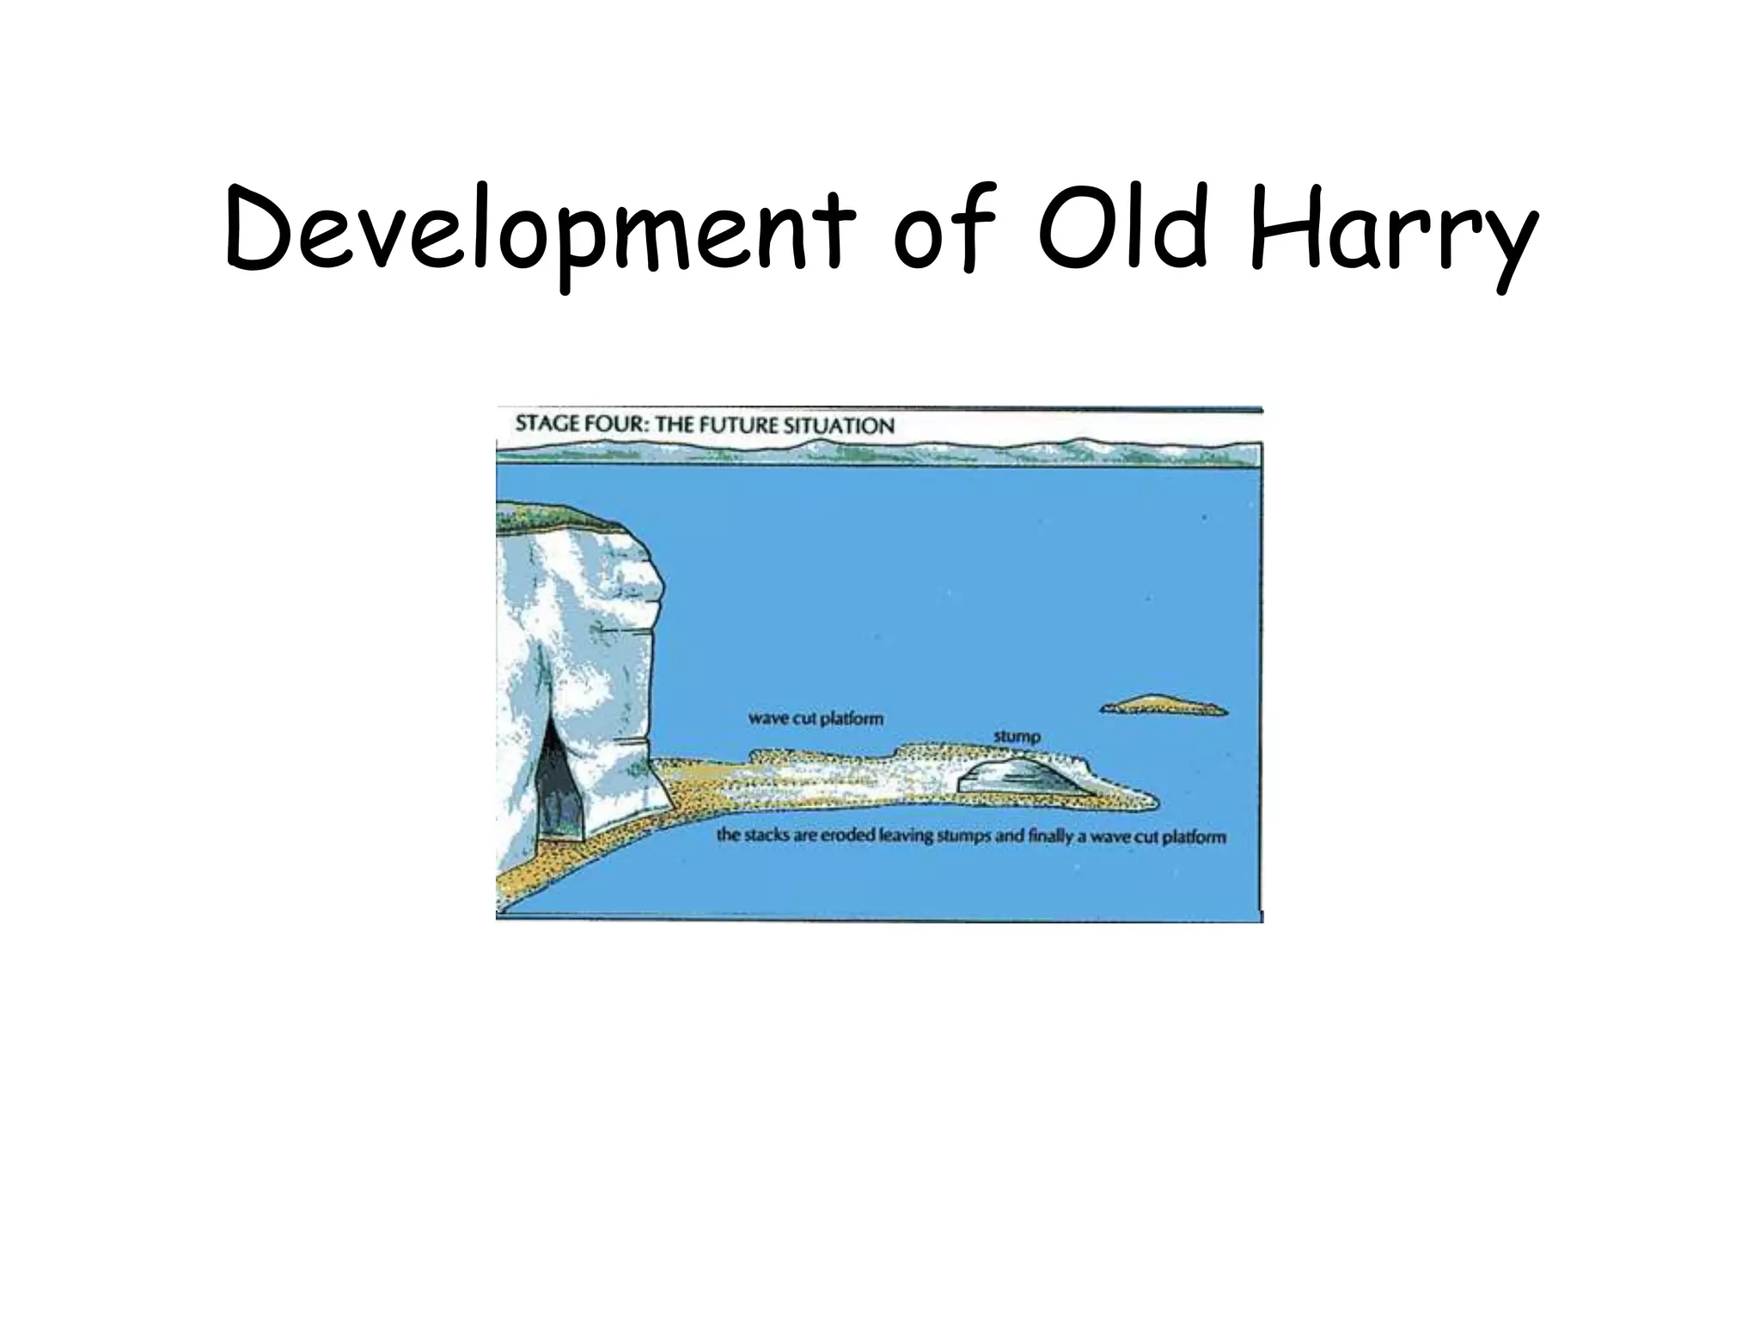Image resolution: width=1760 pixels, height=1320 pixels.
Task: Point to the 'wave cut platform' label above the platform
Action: [816, 718]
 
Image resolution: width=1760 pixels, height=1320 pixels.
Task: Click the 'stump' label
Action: [1017, 736]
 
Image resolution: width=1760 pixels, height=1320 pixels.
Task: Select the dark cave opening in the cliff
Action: [559, 786]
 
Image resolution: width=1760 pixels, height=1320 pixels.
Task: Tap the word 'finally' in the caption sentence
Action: [1048, 835]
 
